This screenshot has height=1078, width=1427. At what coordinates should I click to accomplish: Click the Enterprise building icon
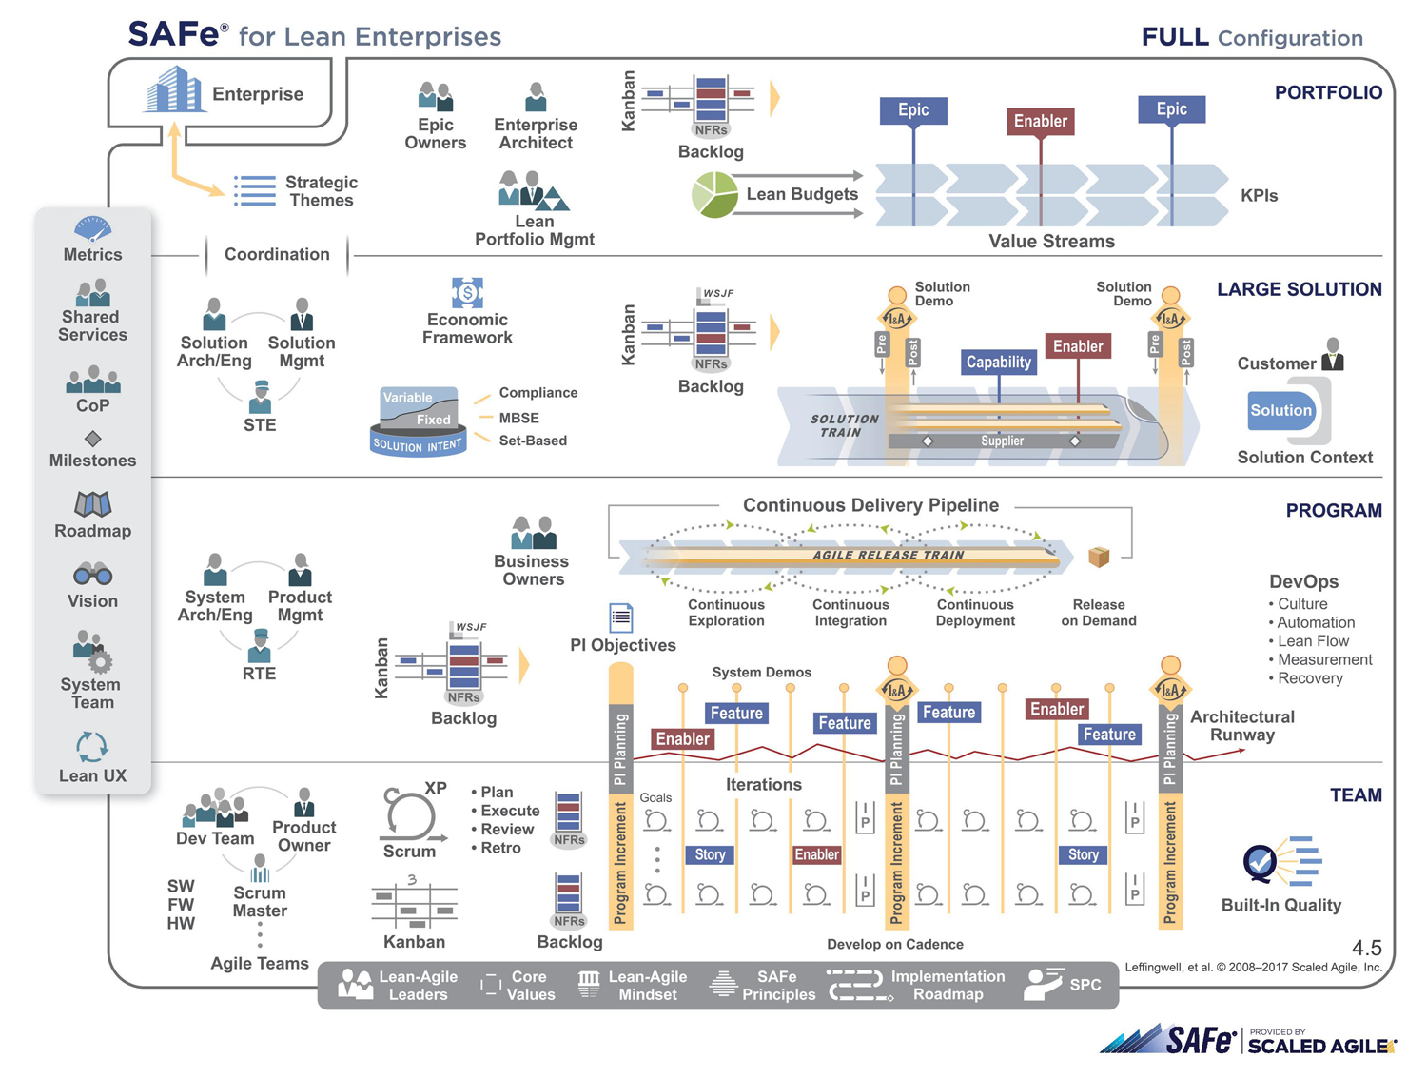[174, 89]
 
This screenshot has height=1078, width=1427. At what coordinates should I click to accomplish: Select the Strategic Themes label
[322, 191]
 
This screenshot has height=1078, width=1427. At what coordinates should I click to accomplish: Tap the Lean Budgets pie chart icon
[714, 194]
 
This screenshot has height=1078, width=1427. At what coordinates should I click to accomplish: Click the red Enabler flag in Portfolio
[1040, 122]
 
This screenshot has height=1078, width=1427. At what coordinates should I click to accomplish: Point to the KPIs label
[1259, 196]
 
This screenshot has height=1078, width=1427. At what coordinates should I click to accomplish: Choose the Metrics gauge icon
[92, 229]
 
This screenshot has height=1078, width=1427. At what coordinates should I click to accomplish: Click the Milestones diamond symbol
[92, 439]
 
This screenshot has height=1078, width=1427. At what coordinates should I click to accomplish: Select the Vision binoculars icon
[92, 575]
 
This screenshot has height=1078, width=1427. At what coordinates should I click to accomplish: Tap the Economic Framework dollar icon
[467, 292]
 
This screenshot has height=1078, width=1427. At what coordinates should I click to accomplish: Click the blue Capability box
[998, 362]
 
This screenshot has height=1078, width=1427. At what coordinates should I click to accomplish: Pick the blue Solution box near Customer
[1280, 410]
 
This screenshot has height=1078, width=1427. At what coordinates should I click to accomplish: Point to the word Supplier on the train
[1002, 441]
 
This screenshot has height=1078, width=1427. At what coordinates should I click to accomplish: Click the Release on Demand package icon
[1099, 557]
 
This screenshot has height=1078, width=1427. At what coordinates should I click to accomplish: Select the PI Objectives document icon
[621, 617]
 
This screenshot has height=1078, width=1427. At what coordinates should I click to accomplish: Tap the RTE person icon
[259, 647]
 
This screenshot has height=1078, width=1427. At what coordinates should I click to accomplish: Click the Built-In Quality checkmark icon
[1261, 863]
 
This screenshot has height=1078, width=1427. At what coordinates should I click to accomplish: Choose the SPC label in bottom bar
[1085, 985]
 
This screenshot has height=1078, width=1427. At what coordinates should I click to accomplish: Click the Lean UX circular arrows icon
[92, 747]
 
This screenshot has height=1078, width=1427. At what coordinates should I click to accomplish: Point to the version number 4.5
[1366, 948]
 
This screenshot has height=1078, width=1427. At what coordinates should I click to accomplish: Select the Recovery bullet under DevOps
[1309, 678]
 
